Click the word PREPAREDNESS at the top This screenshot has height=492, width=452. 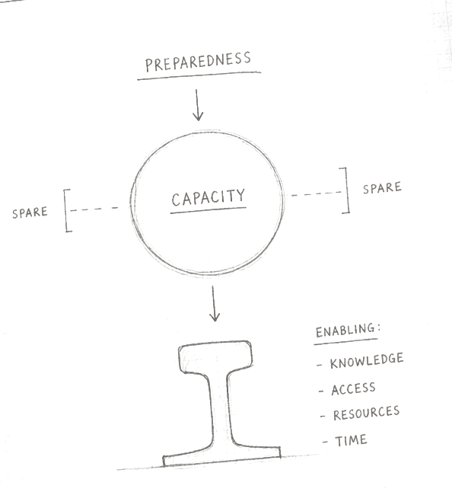pos(198,62)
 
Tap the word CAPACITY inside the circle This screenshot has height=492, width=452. pos(208,198)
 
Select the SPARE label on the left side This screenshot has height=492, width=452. pos(30,212)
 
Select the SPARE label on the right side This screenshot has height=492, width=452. pos(382,187)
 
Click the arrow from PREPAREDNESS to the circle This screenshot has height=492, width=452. pos(198,105)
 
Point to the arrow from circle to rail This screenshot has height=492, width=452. pos(214,303)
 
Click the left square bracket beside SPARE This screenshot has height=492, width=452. pos(65,210)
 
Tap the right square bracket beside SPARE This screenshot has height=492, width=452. pos(347,190)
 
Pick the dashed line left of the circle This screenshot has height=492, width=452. pos(94,209)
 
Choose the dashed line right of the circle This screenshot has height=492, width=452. pos(316,194)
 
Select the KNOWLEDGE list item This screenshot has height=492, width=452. pos(367,360)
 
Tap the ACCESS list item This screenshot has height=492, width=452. pos(353,388)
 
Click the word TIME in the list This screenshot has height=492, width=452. pos(351,440)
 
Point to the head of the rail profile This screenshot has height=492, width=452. pos(215,357)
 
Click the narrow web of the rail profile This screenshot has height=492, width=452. pos(221,408)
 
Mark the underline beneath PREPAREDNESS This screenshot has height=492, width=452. pos(199,75)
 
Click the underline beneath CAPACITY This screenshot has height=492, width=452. pos(208,210)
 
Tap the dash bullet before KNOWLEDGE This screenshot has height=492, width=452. pos(319,366)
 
